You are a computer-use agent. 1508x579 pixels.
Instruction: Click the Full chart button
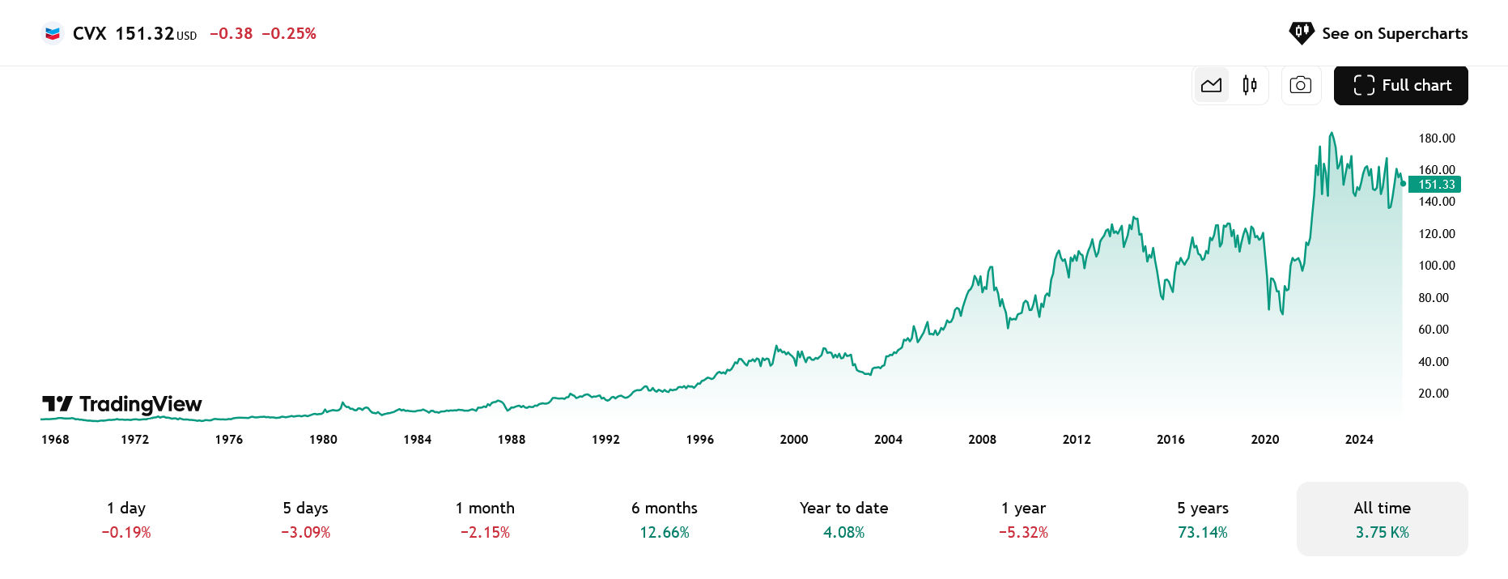click(1400, 85)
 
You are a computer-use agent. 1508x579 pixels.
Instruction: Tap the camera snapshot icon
click(1301, 85)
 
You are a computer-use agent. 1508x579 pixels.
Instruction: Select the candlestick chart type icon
click(1250, 85)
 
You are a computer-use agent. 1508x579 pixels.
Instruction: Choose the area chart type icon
click(1212, 85)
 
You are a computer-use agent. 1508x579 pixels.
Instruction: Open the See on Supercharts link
click(1378, 33)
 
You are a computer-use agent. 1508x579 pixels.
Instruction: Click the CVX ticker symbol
click(89, 33)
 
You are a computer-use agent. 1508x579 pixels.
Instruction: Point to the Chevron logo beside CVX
click(53, 33)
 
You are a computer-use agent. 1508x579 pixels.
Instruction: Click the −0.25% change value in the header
click(289, 33)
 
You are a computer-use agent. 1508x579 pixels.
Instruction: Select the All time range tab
click(1382, 519)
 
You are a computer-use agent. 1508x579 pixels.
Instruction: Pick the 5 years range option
click(1203, 519)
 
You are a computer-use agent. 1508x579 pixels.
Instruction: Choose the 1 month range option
click(485, 519)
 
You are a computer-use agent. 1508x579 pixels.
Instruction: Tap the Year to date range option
click(843, 519)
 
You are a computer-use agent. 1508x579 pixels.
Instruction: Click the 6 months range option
click(665, 519)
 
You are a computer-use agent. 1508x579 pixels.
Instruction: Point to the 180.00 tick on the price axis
click(1437, 138)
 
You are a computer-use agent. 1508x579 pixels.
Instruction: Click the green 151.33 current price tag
click(1436, 185)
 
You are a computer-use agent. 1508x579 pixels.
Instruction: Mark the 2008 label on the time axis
click(983, 440)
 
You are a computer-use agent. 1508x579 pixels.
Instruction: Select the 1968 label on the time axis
click(55, 440)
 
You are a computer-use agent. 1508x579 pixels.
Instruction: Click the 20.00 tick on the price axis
click(1434, 394)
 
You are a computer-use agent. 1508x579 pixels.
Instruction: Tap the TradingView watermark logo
click(122, 404)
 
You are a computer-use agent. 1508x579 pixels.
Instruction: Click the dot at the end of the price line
click(1403, 184)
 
